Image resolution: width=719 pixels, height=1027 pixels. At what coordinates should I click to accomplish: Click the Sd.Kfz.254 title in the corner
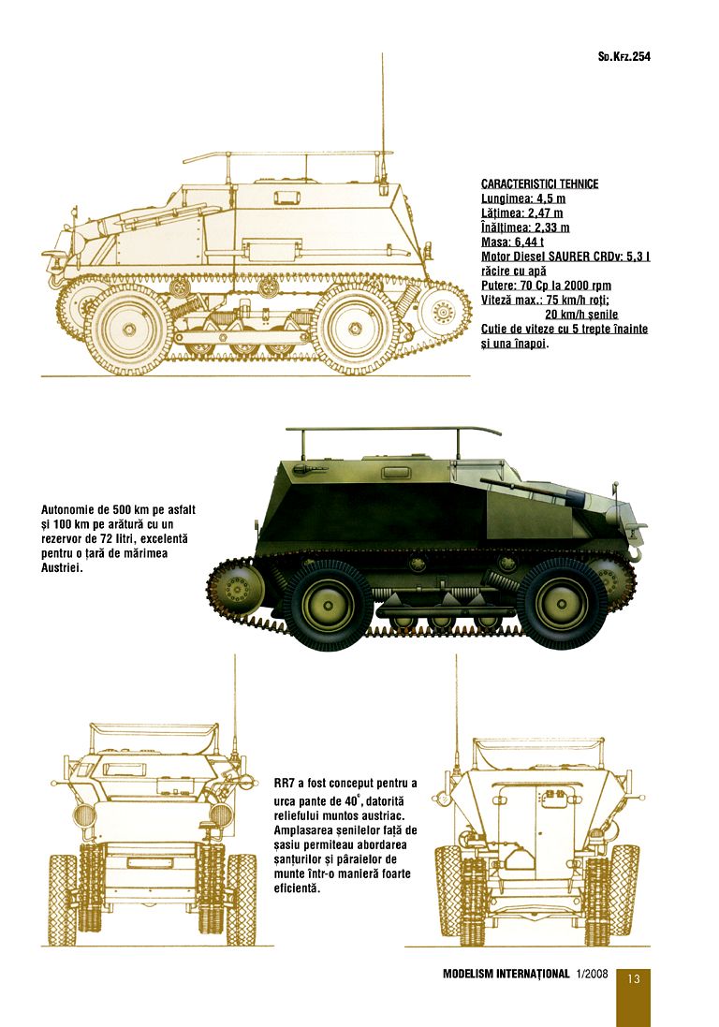624,56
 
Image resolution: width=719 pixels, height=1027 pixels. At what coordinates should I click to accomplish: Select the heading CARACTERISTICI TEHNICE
539,184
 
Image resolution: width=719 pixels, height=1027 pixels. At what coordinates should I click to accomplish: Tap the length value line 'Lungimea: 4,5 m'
523,198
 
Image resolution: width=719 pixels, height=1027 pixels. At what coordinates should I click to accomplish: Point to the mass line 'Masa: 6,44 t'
512,242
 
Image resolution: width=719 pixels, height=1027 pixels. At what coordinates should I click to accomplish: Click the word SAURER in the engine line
571,257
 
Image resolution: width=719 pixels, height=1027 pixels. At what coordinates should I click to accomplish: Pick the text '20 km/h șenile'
581,315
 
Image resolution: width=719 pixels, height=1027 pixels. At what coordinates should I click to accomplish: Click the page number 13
633,979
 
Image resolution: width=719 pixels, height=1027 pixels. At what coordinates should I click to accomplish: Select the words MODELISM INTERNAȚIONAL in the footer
506,974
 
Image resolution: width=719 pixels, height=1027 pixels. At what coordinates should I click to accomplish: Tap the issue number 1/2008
593,974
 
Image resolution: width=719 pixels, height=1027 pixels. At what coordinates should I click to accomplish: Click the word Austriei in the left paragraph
62,568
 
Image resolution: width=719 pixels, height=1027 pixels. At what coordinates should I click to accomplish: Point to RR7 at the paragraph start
285,784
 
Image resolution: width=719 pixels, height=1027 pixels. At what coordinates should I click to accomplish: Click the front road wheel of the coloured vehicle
562,604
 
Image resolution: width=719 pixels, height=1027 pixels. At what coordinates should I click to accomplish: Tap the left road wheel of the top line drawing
128,329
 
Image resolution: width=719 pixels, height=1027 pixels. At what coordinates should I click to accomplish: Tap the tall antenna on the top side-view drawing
382,117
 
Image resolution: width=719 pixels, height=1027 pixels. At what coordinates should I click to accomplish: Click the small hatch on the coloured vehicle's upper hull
393,471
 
